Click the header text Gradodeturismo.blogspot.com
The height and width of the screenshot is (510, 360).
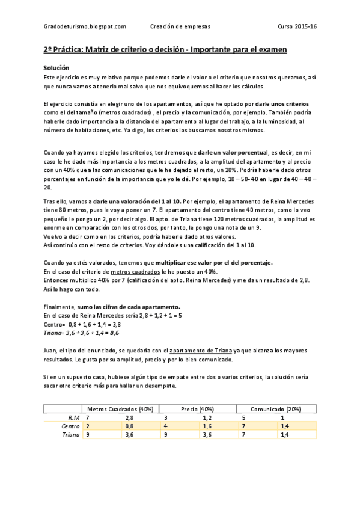point(85,26)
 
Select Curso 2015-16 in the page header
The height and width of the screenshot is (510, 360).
point(296,26)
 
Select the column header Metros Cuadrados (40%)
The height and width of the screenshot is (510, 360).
point(120,409)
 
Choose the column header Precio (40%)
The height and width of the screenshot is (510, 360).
point(197,409)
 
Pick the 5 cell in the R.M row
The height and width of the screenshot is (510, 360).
point(244,417)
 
